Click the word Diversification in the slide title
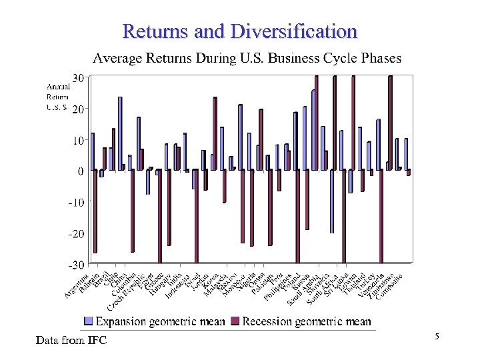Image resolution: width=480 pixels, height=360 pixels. point(294,31)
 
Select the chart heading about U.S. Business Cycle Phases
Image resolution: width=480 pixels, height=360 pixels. point(247,58)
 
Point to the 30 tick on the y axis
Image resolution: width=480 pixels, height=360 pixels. point(78,77)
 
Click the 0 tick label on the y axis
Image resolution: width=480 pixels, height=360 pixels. point(80,171)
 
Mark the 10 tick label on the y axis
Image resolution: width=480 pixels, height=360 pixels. point(78,140)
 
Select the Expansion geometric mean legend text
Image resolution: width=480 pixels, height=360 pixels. point(161,321)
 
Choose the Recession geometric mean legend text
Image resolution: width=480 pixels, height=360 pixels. point(307,321)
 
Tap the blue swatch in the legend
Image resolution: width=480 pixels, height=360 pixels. point(88,321)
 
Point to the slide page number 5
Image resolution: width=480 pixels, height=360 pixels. point(437,337)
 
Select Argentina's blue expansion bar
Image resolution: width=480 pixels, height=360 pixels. point(92,152)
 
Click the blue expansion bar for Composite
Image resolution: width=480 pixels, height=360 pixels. point(405,154)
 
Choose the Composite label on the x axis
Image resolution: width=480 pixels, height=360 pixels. point(391,285)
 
